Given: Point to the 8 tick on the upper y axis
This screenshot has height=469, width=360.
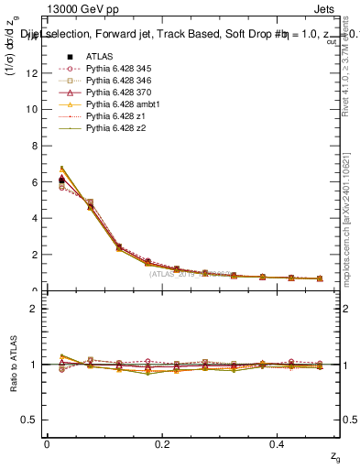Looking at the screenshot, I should point(36,146).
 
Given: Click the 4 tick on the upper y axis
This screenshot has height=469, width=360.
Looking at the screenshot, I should point(36,218).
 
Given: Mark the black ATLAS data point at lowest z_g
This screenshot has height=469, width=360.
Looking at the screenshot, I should point(61,180).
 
